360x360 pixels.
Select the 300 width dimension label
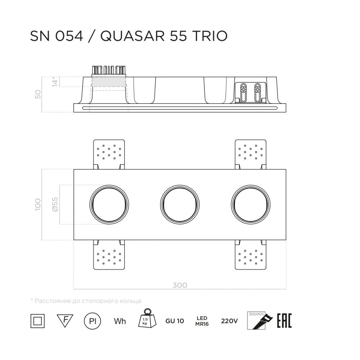point(180,285)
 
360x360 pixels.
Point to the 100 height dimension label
point(38,204)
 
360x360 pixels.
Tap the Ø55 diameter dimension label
point(54,204)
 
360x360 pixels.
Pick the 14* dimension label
point(55,82)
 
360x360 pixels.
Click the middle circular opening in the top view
point(179,204)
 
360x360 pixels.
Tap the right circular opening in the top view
point(250,204)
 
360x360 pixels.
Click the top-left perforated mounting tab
point(109,152)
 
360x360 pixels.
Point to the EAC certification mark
point(284,320)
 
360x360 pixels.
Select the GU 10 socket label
point(175,321)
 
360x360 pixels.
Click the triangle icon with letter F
point(65,319)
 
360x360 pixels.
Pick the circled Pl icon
point(92,321)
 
